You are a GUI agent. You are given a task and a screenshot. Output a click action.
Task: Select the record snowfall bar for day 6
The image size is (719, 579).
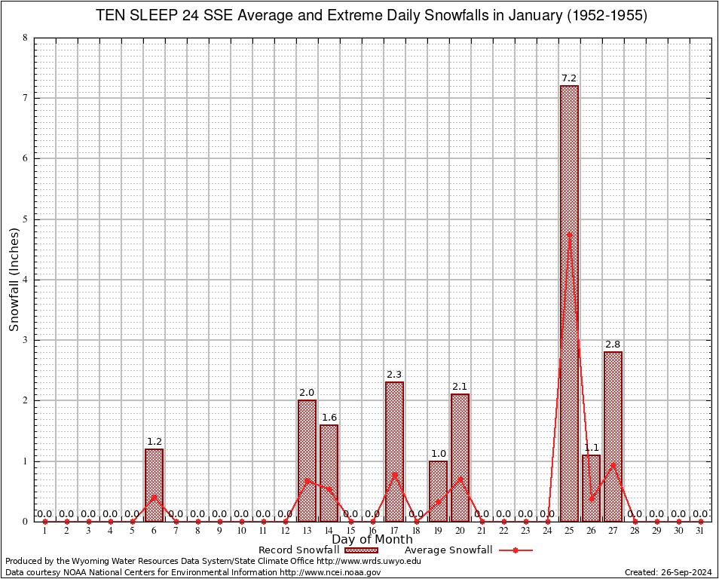154,485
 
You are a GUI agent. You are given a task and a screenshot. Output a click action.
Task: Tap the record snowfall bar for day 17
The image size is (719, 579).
394,452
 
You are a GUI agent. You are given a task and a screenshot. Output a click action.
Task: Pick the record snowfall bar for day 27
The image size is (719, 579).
613,437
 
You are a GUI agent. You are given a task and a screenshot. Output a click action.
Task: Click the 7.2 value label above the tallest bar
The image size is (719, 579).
569,78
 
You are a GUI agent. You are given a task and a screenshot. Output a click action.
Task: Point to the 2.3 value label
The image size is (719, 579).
394,375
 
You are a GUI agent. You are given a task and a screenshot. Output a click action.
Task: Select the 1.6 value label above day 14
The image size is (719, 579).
329,418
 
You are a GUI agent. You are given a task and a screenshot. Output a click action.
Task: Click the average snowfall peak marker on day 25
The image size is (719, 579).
569,234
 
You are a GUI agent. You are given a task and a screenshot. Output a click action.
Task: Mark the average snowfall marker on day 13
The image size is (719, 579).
307,479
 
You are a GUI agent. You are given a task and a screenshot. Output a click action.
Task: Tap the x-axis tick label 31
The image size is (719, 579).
700,532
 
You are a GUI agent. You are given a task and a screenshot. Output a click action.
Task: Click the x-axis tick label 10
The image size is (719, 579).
241,532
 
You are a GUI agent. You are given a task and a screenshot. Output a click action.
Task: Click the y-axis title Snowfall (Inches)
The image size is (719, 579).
14,280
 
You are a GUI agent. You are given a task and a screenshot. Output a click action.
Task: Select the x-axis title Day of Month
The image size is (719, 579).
372,540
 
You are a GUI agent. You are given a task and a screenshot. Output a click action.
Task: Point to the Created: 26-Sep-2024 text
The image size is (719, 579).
669,572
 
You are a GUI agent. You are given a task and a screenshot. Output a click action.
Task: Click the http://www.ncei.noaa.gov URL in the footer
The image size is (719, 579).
330,572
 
